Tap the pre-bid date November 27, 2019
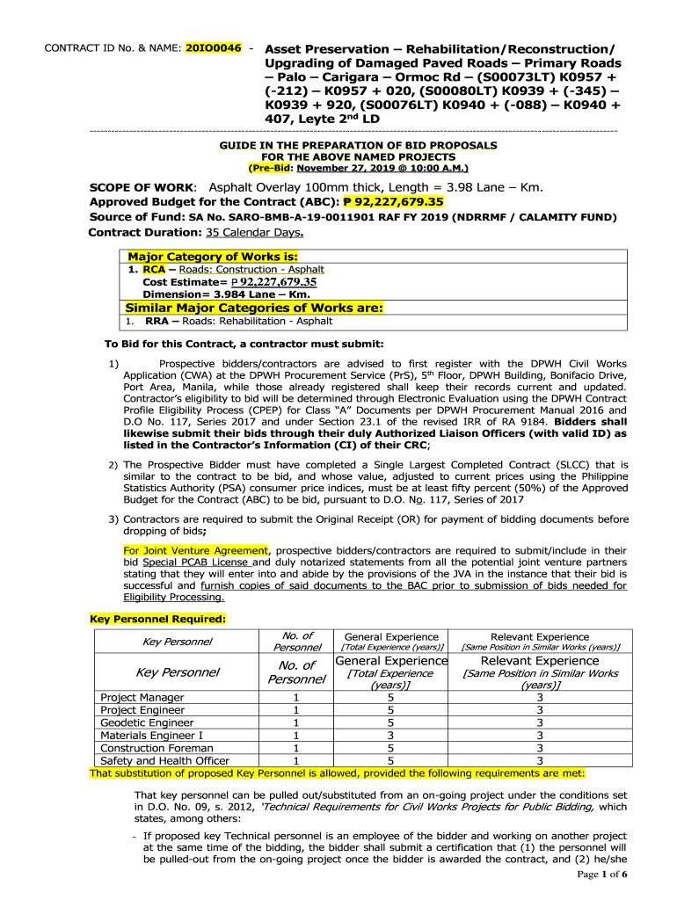tap(336, 167)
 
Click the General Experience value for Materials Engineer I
tap(390, 735)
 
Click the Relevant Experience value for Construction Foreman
tap(540, 748)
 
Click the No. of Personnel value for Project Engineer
tap(296, 710)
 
